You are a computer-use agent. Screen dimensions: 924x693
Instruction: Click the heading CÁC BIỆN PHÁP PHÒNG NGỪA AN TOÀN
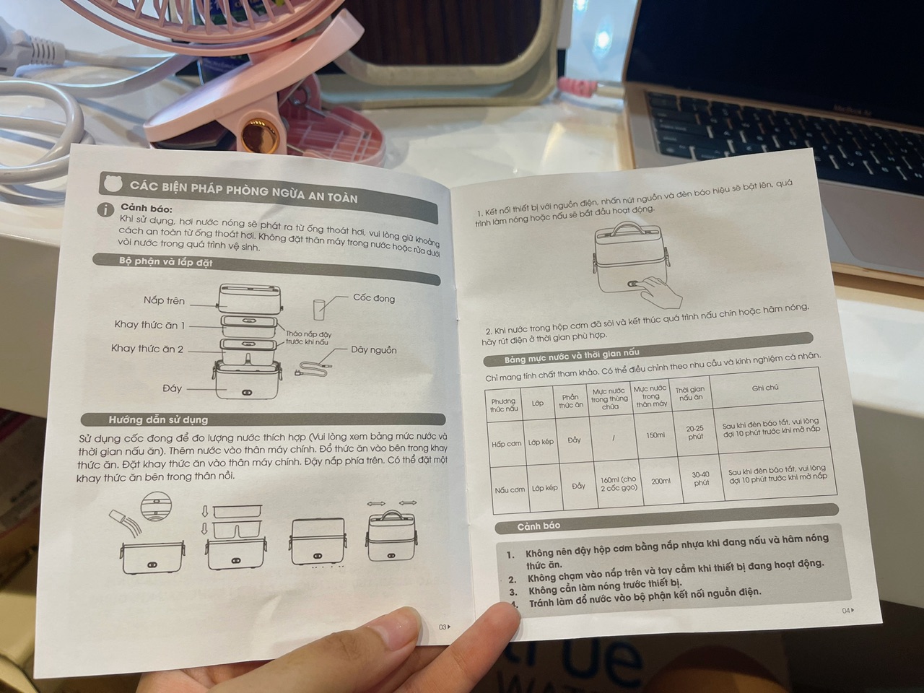tap(243, 192)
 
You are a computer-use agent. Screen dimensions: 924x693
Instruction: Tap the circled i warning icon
tap(105, 209)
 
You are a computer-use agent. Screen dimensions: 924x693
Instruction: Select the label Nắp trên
tap(164, 300)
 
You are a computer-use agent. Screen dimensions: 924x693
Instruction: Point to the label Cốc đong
tap(374, 298)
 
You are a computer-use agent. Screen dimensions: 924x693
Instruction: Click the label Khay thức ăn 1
tap(149, 325)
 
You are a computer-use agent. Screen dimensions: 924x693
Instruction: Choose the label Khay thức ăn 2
tap(147, 349)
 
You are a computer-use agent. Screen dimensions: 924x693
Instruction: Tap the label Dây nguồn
tap(374, 349)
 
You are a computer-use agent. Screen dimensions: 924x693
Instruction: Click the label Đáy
tap(173, 388)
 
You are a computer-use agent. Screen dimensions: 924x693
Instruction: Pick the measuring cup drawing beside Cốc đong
tap(318, 310)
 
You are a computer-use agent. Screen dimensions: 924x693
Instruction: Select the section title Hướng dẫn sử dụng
tap(158, 419)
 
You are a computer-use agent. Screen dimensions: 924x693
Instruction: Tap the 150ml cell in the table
tap(655, 435)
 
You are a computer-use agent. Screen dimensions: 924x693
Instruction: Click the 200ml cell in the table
tap(661, 481)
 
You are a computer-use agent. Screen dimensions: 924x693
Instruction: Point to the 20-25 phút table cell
tap(695, 432)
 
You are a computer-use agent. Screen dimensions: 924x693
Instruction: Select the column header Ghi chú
tap(765, 388)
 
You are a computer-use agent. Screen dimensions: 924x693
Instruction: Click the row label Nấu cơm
tap(510, 489)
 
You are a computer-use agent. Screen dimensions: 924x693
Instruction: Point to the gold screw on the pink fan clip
tap(256, 135)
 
